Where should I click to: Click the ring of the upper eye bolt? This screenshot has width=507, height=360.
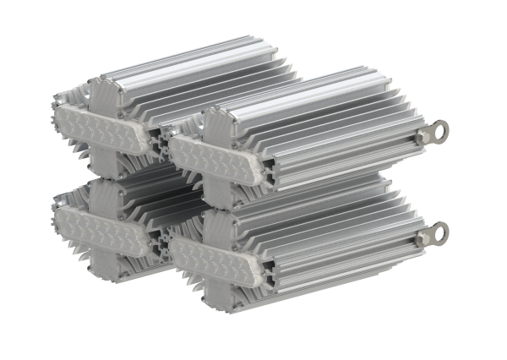(x=438, y=132)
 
